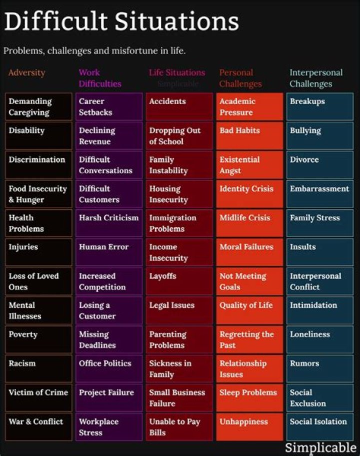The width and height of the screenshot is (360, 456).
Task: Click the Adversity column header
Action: coord(26,73)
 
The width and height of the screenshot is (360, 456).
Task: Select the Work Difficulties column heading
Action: coord(99,78)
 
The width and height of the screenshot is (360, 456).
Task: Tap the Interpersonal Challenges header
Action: coord(316,78)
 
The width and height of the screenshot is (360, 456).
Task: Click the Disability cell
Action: coord(38,135)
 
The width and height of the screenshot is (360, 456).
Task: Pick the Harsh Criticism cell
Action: coord(109,223)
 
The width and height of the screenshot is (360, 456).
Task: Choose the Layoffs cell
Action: coord(179,281)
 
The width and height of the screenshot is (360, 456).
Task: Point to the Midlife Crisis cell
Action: coord(249,223)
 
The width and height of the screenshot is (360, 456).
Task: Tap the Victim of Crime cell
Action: coord(38,397)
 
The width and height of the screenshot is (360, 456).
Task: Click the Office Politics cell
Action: coord(109,368)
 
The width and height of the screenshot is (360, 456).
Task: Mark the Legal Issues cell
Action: coord(179,310)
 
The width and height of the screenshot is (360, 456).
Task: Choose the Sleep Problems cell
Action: coord(249,397)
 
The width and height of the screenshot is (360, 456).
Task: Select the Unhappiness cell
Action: coord(249,426)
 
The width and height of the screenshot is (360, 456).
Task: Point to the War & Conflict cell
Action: coord(38,426)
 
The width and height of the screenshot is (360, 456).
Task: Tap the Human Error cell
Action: coord(109,252)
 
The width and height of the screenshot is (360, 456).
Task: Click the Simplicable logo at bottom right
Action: coord(320,447)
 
